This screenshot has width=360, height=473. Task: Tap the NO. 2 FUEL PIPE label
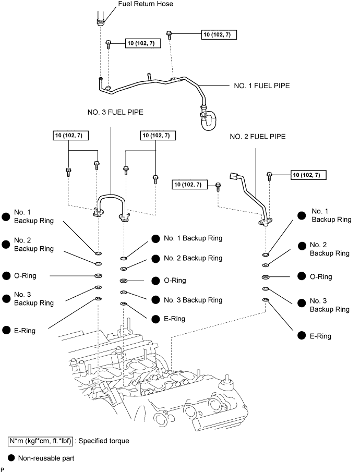coord(258,137)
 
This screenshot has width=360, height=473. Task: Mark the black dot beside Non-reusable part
coord(11,458)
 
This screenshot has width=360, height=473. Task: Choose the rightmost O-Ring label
coord(321,276)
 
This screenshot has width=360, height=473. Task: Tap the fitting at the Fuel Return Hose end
coord(100,21)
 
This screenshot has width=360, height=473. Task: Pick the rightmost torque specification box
coord(308,175)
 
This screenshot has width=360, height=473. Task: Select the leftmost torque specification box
coord(71,136)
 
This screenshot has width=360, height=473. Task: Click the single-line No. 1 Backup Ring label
coord(193,238)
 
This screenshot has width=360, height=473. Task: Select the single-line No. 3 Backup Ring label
coord(193,300)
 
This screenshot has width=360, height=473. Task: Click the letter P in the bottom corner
coord(3,470)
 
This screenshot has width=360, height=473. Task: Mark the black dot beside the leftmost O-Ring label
coord(7,275)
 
